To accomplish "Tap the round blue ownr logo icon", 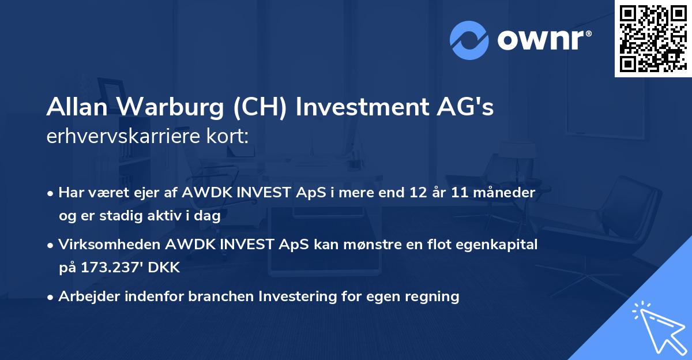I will click(x=469, y=40).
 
